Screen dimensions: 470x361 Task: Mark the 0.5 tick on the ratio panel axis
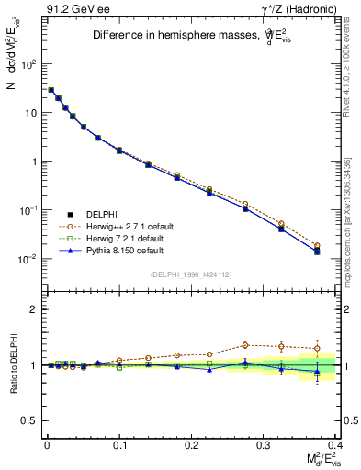[x=31, y=420]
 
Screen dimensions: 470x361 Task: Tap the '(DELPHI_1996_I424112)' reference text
[x=191, y=274]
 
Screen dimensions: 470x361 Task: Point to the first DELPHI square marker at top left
[x=51, y=90]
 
